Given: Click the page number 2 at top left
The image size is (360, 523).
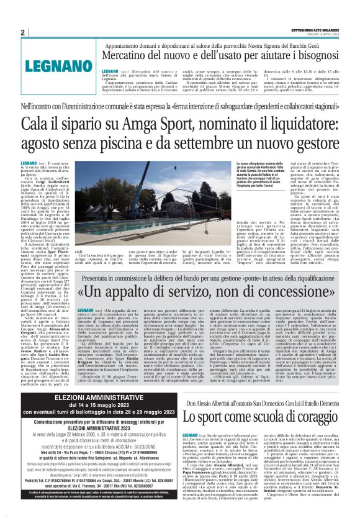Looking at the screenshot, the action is (x=23, y=32).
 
